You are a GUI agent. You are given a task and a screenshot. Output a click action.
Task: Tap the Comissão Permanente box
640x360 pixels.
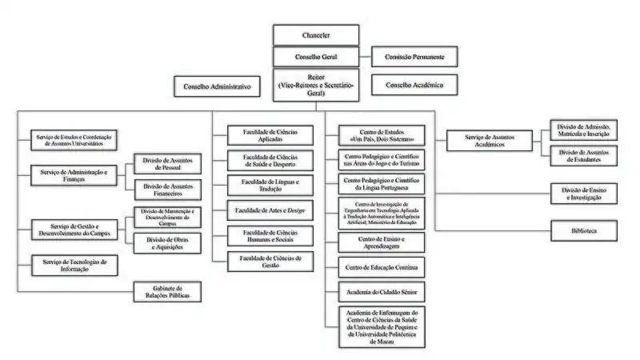point(414,57)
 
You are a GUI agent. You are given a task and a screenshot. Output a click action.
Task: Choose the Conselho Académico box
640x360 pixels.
point(414,85)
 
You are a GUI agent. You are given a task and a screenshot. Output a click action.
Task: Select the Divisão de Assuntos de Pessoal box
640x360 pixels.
point(168,165)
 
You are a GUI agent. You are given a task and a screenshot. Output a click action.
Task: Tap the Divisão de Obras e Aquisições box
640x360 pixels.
point(168,243)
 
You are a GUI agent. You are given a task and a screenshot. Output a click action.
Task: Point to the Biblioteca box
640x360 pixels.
point(583,231)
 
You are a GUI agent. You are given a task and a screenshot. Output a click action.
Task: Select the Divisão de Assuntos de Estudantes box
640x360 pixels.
point(583,155)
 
